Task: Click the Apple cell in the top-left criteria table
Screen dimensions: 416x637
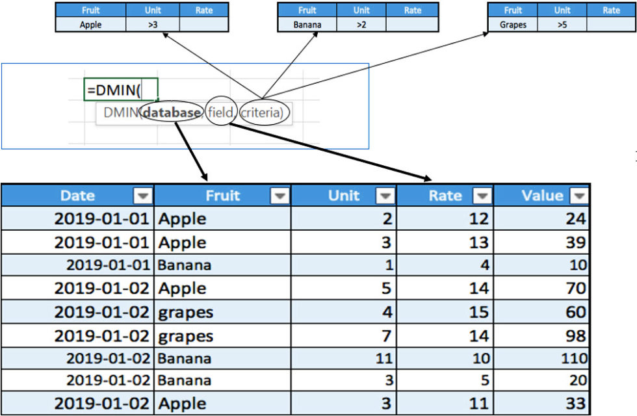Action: (x=90, y=24)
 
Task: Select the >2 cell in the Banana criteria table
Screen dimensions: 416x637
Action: (x=361, y=24)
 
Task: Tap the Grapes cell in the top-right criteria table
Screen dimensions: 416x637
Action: (x=513, y=24)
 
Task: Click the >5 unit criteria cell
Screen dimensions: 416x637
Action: (x=562, y=24)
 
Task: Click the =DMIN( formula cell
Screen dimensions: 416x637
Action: (x=121, y=89)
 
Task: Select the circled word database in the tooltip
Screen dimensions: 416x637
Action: (x=172, y=113)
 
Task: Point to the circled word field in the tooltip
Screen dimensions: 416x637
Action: (x=219, y=113)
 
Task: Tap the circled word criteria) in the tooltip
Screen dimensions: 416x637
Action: (x=263, y=113)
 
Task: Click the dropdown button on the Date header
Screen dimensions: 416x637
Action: (x=142, y=196)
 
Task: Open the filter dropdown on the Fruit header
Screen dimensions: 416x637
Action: (x=279, y=196)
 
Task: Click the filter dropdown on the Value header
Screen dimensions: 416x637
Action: (x=578, y=196)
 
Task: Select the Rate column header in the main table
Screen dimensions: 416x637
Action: (x=445, y=196)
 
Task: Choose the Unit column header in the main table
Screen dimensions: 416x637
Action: (x=344, y=196)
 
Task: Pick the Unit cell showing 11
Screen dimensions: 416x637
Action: (x=343, y=358)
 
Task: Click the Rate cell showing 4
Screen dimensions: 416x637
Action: (x=445, y=265)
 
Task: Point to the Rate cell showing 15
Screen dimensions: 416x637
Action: (x=445, y=312)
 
